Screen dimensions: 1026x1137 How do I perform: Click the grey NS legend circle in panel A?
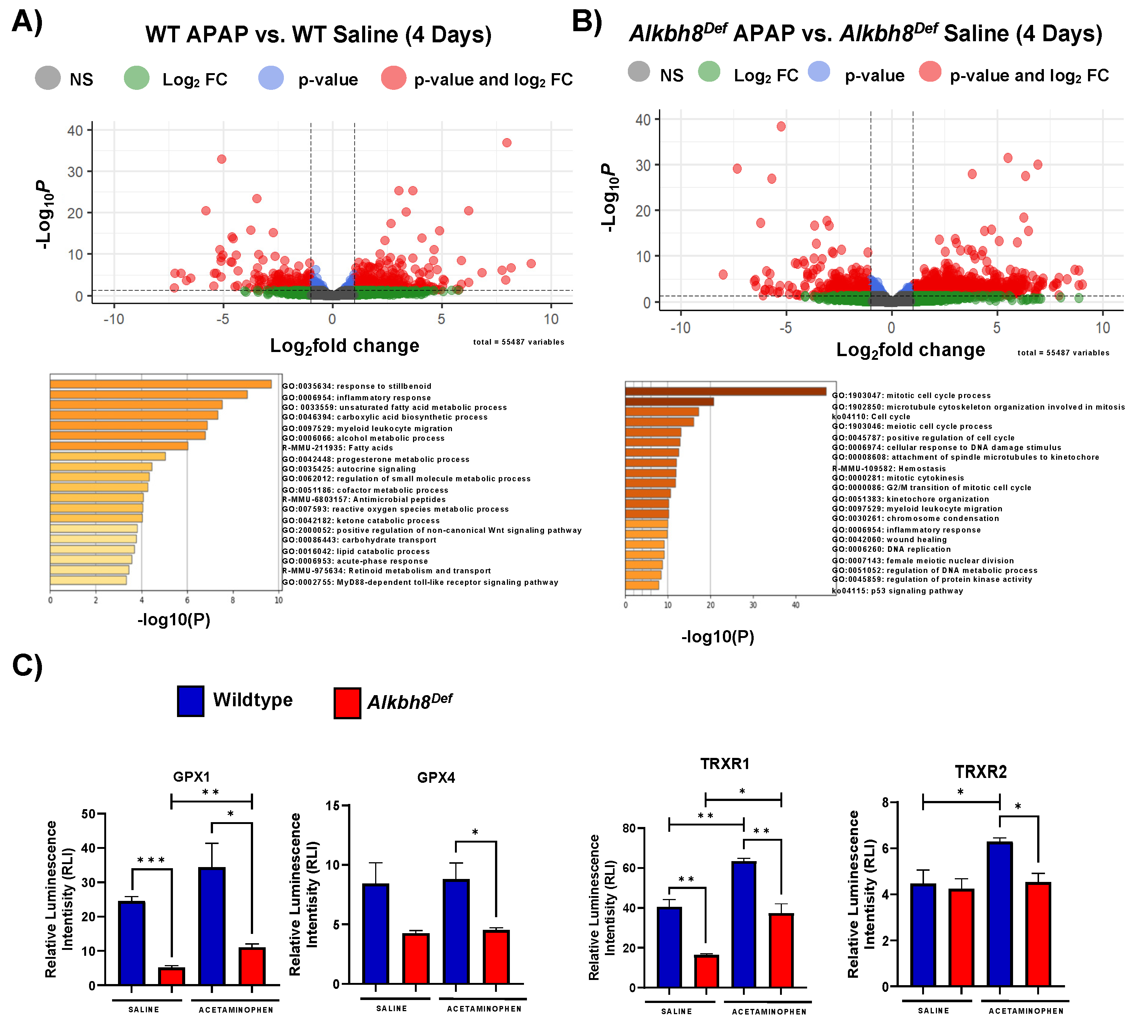coord(48,78)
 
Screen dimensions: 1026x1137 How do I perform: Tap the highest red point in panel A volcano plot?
coord(507,143)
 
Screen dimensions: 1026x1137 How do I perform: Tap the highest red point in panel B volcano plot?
coord(781,126)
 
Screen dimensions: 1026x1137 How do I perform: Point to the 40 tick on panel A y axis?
coord(75,131)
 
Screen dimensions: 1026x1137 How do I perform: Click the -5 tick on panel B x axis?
coord(786,328)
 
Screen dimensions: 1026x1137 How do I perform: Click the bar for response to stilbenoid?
coord(161,384)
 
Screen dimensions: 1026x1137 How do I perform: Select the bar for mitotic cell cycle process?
coord(725,391)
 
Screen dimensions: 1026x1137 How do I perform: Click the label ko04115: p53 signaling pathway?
coord(898,591)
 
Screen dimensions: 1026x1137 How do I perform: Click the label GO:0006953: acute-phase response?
coord(355,561)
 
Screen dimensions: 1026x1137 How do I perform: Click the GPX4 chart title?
coord(436,778)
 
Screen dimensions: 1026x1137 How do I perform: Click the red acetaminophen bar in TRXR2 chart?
coord(1038,934)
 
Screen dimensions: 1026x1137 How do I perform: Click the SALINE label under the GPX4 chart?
coord(391,1009)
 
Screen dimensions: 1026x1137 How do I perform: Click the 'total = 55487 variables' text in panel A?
coord(518,342)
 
